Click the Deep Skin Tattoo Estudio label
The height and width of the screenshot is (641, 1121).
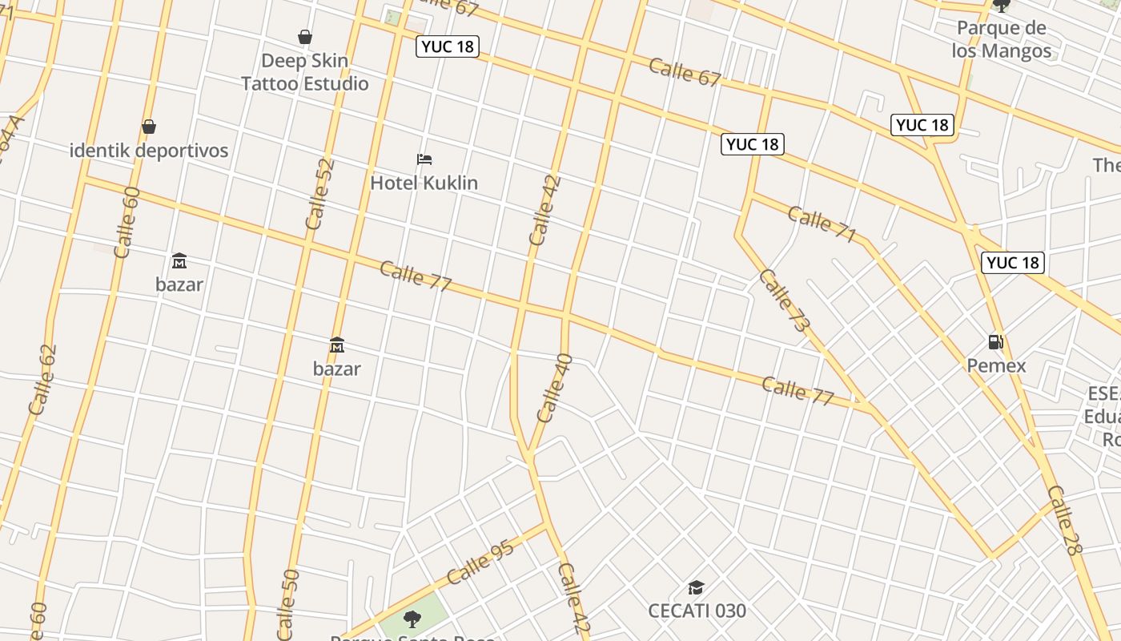[305, 72]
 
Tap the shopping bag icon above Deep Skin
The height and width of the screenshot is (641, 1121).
[305, 37]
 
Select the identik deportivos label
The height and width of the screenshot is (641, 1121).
[149, 151]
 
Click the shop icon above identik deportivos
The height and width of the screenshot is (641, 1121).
[148, 127]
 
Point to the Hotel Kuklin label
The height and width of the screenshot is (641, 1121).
[424, 183]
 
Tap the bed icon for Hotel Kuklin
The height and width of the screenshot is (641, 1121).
[424, 159]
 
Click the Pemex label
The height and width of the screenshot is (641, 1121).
[996, 366]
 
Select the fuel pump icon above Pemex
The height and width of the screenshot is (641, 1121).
[996, 342]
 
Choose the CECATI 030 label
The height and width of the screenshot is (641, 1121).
[697, 611]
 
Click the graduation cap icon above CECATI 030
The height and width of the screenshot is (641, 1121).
[696, 588]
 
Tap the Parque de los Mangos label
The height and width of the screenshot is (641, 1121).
[1002, 40]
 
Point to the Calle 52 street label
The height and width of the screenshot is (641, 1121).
[319, 195]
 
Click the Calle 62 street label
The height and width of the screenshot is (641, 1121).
[42, 380]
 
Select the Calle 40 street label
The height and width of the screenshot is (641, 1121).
[554, 388]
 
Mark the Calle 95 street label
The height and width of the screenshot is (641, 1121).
[480, 563]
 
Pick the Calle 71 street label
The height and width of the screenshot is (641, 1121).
[822, 224]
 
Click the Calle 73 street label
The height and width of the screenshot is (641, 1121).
[783, 300]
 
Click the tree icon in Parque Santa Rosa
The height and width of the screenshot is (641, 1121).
[412, 619]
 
